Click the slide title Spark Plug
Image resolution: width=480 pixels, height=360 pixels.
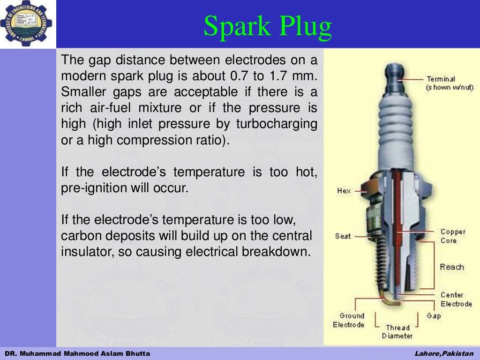tap(268, 27)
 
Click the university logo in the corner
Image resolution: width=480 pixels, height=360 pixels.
tap(26, 23)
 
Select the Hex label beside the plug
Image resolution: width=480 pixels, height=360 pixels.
tap(344, 191)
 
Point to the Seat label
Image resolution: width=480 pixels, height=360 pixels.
tap(343, 236)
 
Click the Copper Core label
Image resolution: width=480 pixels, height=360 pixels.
tap(452, 236)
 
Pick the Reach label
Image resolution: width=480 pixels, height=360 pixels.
tap(451, 267)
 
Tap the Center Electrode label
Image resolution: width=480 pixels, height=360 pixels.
tap(456, 299)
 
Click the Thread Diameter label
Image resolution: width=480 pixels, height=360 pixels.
tap(397, 331)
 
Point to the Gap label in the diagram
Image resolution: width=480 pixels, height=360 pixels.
tap(434, 316)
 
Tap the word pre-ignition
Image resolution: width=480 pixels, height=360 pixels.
tap(90, 188)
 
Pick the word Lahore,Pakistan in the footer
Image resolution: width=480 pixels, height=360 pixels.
tap(444, 353)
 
